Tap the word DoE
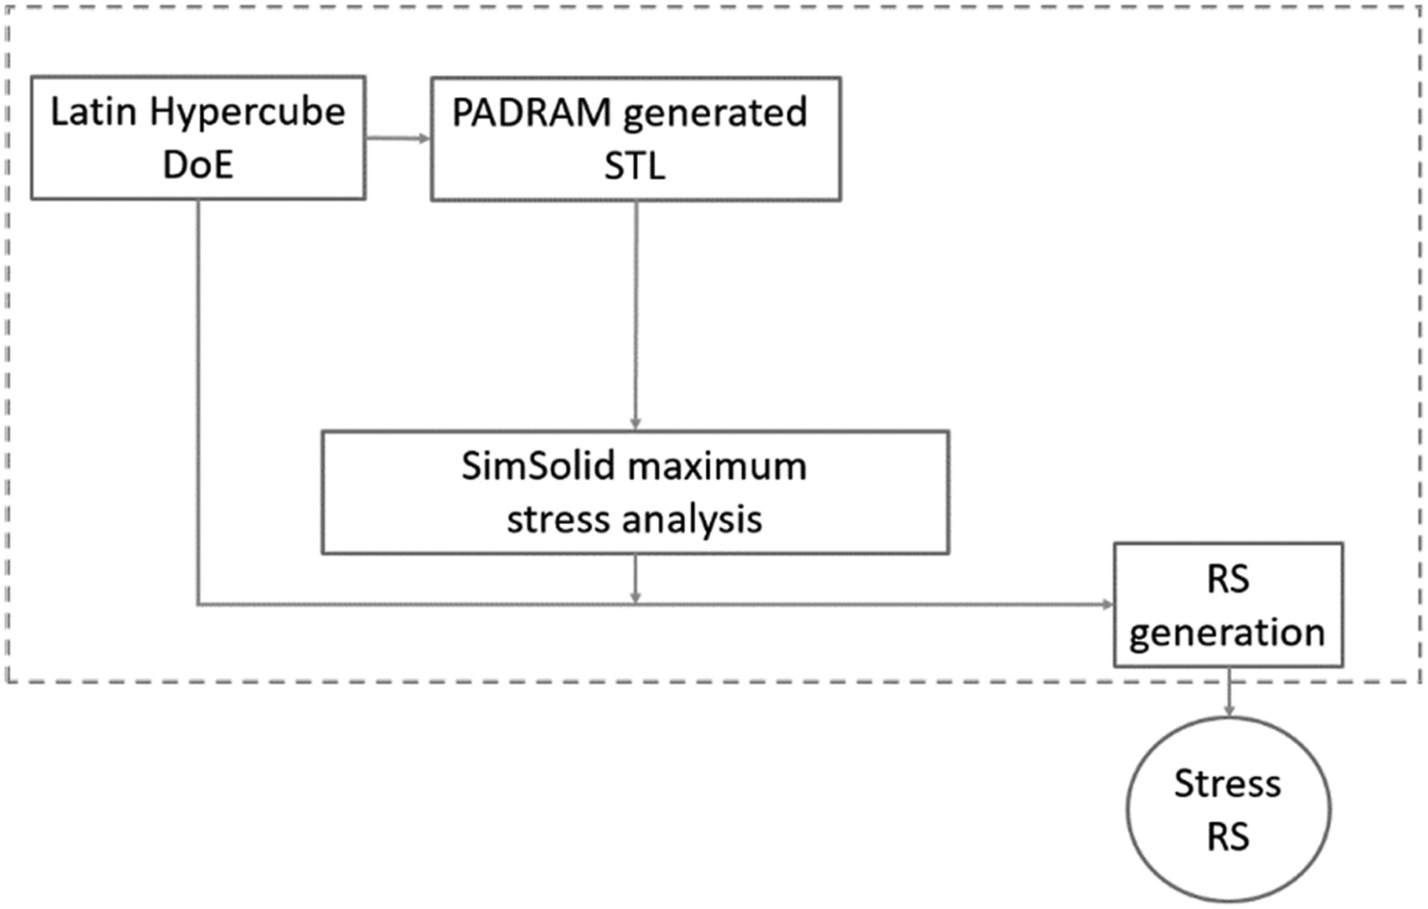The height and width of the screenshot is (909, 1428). tap(198, 166)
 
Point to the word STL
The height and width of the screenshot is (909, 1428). tap(635, 166)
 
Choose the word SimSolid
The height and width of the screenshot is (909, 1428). tap(539, 467)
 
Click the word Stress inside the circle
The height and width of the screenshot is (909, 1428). tap(1227, 784)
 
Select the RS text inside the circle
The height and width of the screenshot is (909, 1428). tap(1228, 838)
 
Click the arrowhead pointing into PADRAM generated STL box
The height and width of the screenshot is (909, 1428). tap(424, 138)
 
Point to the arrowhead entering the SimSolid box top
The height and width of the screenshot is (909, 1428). tap(636, 424)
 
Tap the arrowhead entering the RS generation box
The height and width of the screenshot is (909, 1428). tap(1108, 604)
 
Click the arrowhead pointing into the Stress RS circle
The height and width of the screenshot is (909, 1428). tap(1229, 711)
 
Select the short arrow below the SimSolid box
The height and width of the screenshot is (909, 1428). tap(636, 579)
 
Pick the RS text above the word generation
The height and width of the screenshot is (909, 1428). tap(1228, 579)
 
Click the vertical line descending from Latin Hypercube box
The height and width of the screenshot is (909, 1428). tap(198, 402)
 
